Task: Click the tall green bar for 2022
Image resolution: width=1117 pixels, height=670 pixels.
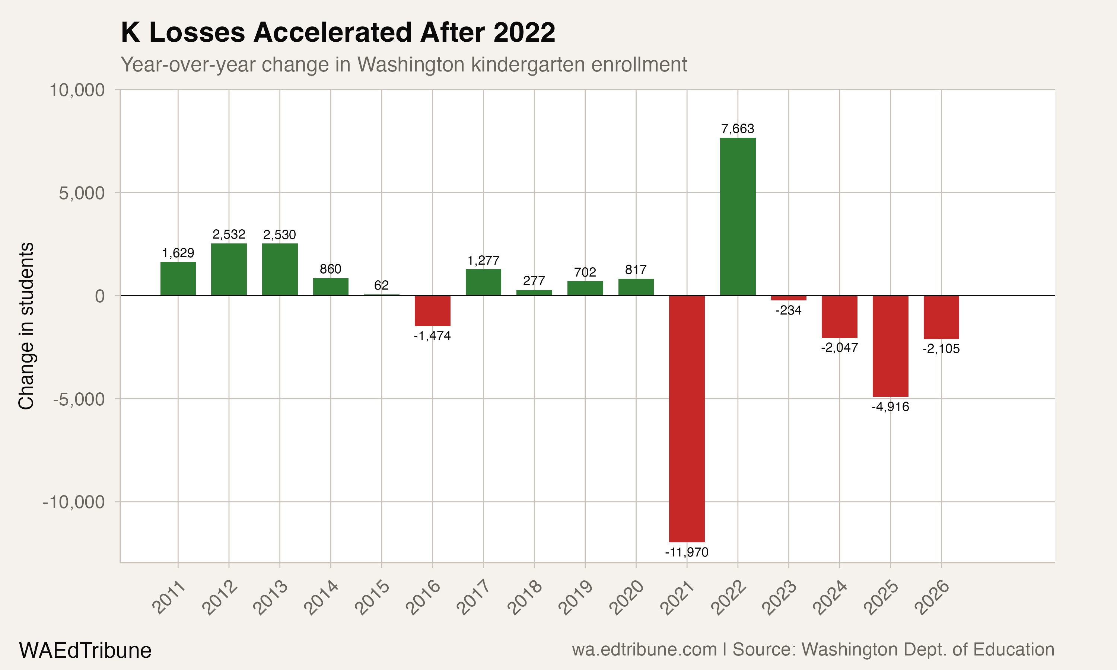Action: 738,217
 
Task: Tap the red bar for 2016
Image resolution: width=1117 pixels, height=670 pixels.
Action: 433,311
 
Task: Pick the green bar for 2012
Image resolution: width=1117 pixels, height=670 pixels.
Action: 229,269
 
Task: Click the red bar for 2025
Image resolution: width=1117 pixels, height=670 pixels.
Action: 890,346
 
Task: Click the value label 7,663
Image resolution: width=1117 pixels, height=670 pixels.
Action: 738,129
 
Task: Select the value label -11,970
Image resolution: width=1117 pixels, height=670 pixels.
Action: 687,552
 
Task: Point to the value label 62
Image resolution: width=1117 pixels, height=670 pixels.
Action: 382,285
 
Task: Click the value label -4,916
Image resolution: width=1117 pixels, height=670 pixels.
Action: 890,407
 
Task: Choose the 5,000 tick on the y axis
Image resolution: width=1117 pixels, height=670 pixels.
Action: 82,193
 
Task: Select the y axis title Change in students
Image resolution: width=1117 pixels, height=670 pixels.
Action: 26,326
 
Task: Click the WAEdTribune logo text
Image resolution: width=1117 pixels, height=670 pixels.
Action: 85,651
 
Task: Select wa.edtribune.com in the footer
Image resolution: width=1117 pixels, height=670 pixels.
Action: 644,650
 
